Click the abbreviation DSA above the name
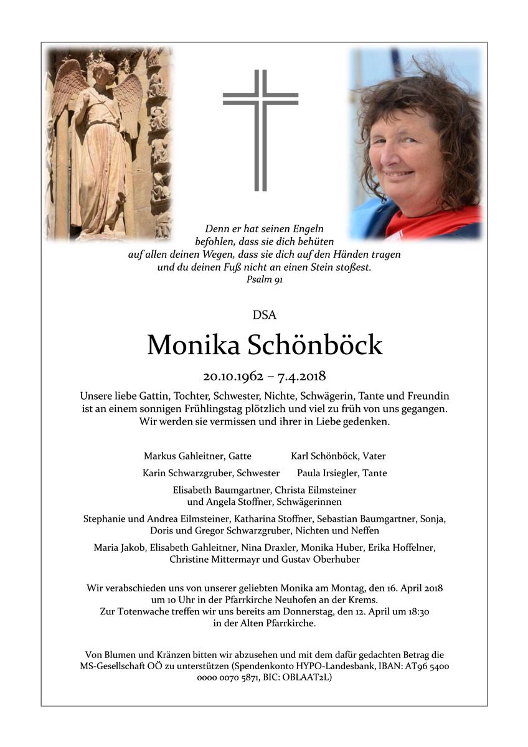pyautogui.click(x=264, y=315)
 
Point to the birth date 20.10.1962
pyautogui.click(x=232, y=376)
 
